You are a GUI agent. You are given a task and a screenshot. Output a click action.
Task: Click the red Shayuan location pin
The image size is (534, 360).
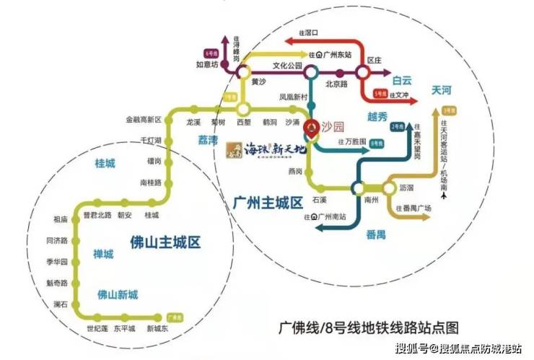tap(311, 129)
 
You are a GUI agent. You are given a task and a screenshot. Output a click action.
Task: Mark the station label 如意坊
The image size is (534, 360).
tap(208, 64)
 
